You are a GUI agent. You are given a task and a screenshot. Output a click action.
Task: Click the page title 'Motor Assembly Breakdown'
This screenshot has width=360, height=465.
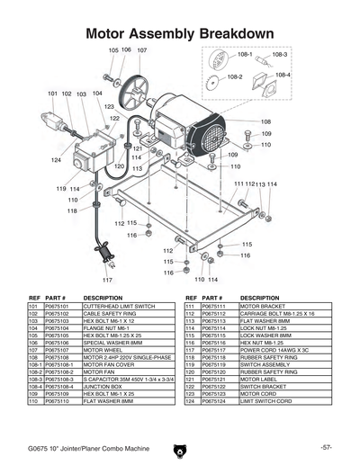179,34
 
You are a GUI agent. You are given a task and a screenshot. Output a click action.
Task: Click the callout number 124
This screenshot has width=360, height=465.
56,159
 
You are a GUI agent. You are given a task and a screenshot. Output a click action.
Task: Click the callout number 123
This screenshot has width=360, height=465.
109,107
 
